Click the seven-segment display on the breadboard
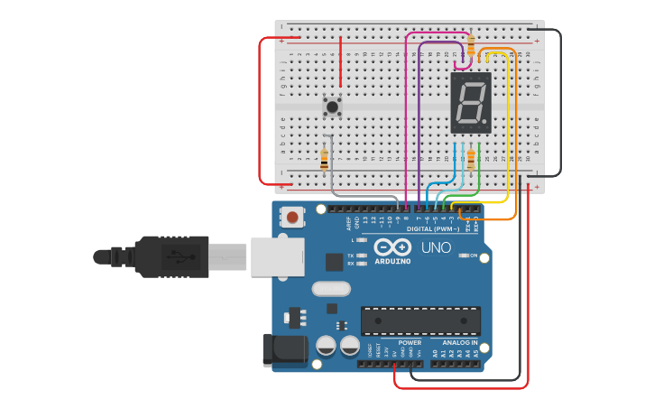[470, 103]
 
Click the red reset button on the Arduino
[293, 217]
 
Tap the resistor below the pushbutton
[324, 158]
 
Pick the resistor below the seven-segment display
[471, 159]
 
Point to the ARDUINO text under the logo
[392, 261]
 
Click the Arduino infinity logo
[392, 247]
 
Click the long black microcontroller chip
[420, 321]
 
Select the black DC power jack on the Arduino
[276, 350]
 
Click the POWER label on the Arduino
[410, 343]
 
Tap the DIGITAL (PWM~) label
[433, 229]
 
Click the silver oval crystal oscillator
[331, 290]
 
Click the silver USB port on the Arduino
[276, 256]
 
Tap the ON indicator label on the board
[474, 256]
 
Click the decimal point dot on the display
[487, 122]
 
